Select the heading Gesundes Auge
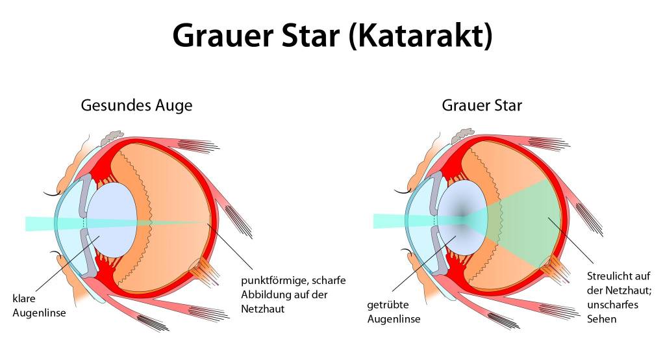tap(136, 105)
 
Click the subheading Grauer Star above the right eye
tap(482, 105)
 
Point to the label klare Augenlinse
tap(39, 305)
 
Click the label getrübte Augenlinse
tap(394, 312)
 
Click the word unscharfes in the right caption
tap(612, 304)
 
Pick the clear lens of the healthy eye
tap(112, 220)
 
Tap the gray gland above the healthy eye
tap(112, 136)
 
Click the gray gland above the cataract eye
tap(462, 135)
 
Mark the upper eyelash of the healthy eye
tap(53, 194)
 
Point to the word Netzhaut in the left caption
tap(262, 309)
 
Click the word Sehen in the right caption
tap(601, 319)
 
